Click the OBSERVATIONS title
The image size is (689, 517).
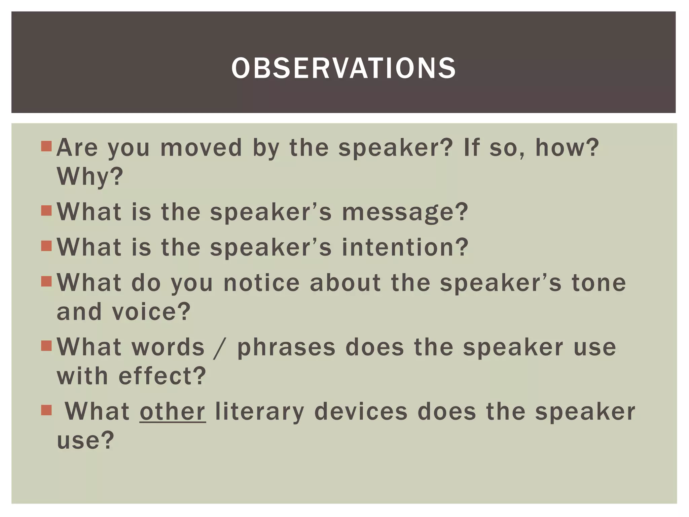click(343, 68)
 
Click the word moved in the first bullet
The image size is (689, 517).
click(201, 148)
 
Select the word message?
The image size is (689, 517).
click(405, 212)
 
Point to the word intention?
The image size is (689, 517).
click(405, 247)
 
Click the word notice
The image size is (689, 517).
click(261, 283)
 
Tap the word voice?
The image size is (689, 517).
click(151, 312)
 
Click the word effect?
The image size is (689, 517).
click(162, 376)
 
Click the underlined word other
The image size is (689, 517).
click(173, 412)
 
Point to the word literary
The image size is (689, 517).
click(259, 412)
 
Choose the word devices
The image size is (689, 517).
click(361, 412)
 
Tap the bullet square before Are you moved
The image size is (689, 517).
click(46, 146)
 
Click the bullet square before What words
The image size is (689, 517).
click(46, 346)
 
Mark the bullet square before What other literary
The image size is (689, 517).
click(46, 410)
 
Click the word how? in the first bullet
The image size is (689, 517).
click(567, 148)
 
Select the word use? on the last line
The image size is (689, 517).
click(86, 440)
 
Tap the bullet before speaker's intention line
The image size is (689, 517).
click(46, 246)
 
